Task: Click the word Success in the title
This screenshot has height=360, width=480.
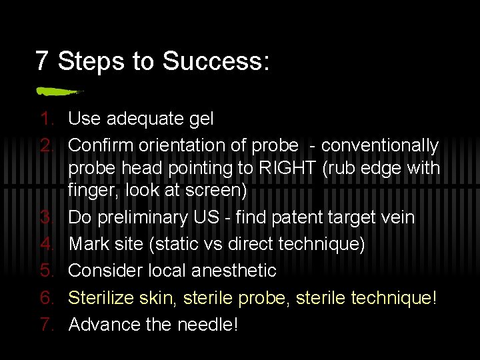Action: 215,61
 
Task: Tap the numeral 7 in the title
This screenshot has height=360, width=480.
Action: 42,61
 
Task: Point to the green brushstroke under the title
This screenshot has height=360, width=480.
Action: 58,90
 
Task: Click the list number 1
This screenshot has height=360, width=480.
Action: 45,119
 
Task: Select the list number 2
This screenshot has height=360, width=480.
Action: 45,145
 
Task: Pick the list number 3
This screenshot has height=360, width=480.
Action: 45,217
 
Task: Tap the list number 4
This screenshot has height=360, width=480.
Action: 45,244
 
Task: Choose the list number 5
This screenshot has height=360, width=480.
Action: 45,271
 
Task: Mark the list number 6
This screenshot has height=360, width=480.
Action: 45,297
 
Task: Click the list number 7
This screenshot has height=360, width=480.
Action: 45,324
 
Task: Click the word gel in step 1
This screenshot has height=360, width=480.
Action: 201,119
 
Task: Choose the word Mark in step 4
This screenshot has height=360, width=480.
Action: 89,244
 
